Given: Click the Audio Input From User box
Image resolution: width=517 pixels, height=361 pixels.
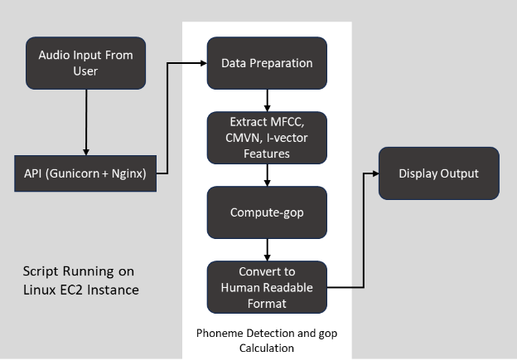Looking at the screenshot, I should coord(85,63).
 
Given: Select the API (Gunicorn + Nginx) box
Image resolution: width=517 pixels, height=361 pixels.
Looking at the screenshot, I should coord(85,173).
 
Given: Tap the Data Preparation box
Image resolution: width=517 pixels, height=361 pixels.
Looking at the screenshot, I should coord(266,63).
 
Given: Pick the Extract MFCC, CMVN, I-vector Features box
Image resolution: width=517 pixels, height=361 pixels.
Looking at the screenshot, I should coord(266,137).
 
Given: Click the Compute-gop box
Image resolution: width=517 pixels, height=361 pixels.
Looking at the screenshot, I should coord(266,212).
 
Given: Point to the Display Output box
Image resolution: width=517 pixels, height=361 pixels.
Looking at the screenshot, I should coord(438,173).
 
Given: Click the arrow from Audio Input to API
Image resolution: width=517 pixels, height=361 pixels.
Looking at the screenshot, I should coord(85,121).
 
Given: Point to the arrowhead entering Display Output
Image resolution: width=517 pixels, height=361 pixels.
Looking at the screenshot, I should coord(374,173).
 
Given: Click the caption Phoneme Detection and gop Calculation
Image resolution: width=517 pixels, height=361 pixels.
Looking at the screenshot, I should coord(266,340).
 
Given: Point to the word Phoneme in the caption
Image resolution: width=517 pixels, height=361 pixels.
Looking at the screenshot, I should coord(220,333).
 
